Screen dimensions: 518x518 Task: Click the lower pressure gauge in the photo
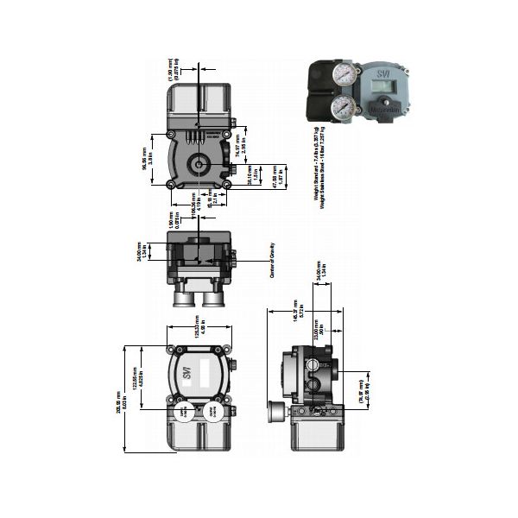(x=344, y=107)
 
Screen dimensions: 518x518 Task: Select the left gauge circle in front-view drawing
(x=184, y=414)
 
